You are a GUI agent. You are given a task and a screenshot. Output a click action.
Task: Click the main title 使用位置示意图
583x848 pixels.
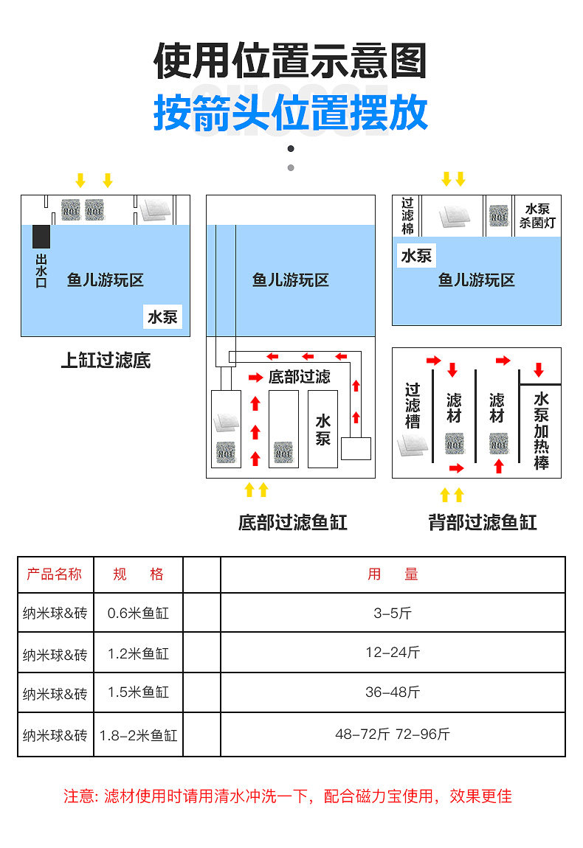291,61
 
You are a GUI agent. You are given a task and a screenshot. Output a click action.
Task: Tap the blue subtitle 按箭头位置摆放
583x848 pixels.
291,113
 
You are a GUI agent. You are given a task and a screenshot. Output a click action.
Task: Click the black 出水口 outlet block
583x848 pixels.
41,235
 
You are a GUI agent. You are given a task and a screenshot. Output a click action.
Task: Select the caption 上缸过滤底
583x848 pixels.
106,361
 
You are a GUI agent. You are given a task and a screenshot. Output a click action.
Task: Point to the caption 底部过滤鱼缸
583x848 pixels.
292,523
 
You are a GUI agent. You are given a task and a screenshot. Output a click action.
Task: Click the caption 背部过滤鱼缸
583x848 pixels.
483,523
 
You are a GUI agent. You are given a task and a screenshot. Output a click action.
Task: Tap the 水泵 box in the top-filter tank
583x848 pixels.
162,317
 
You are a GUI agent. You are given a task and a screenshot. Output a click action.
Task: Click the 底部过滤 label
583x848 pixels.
299,377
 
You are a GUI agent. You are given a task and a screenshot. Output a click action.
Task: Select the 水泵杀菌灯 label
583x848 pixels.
537,216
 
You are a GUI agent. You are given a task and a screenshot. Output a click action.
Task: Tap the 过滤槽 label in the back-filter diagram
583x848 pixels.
413,406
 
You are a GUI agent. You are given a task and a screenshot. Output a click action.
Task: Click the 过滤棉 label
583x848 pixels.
407,215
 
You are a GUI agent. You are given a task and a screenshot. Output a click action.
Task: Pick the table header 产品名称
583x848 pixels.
55,574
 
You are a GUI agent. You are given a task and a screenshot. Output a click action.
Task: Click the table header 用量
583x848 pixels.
393,574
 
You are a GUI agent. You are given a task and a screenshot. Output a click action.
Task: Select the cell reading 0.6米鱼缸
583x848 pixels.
138,613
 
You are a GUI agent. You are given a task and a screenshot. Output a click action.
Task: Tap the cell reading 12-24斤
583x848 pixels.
393,653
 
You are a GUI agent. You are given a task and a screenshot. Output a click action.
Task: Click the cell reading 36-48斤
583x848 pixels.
393,692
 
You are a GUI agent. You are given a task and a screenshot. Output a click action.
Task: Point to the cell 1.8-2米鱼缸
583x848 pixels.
138,735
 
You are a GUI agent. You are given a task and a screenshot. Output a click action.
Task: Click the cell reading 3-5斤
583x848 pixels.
393,613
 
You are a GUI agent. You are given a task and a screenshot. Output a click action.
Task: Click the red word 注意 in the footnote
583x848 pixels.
80,796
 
